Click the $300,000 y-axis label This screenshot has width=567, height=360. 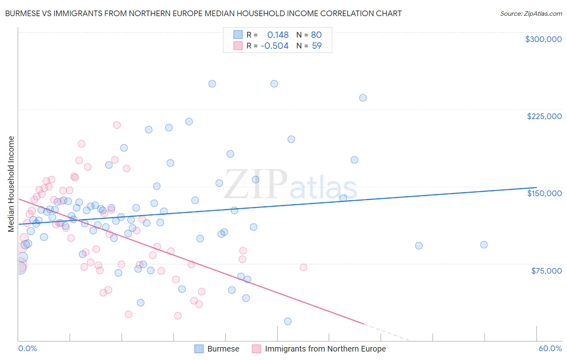coord(543,39)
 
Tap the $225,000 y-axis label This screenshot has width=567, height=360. coord(544,116)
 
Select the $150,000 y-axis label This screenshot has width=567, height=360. coord(544,193)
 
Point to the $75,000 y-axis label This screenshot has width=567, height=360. coord(546,271)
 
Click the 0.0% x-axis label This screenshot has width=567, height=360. coord(27,348)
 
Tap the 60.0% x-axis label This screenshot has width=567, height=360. coord(550,348)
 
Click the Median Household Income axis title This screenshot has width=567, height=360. coord(11,184)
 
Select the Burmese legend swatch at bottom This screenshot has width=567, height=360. coord(199,349)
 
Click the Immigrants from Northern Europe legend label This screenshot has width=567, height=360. coord(325,349)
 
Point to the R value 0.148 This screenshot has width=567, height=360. coord(278,35)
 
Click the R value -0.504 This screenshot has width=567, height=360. coord(275,46)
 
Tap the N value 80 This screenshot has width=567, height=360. coord(316,35)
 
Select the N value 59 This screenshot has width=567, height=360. coord(317,46)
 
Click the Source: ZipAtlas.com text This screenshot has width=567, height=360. coord(531,14)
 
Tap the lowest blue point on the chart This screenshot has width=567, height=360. coord(288,321)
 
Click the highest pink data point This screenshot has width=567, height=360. coord(117,125)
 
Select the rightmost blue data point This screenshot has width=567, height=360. coord(484,245)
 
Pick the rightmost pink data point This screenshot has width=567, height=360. coord(303,267)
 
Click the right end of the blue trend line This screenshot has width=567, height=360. coord(536,188)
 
